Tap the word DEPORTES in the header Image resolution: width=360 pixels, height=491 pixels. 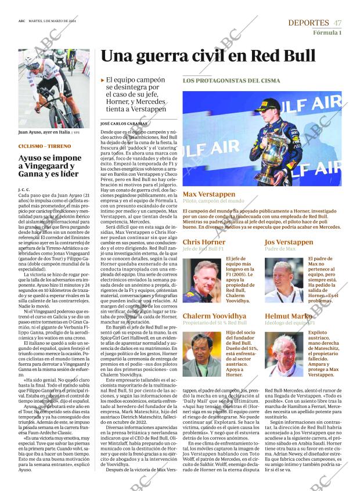click(x=308, y=23)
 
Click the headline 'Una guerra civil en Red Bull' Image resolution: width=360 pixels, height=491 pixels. click(x=208, y=56)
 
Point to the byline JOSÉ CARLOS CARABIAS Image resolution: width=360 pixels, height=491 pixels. click(x=123, y=124)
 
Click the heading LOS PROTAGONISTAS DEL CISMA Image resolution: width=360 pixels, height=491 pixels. click(x=231, y=81)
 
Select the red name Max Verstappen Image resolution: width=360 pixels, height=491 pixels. click(x=209, y=194)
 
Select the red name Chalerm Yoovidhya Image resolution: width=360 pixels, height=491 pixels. click(x=214, y=316)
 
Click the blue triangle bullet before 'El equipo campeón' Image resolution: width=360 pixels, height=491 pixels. click(x=103, y=80)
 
